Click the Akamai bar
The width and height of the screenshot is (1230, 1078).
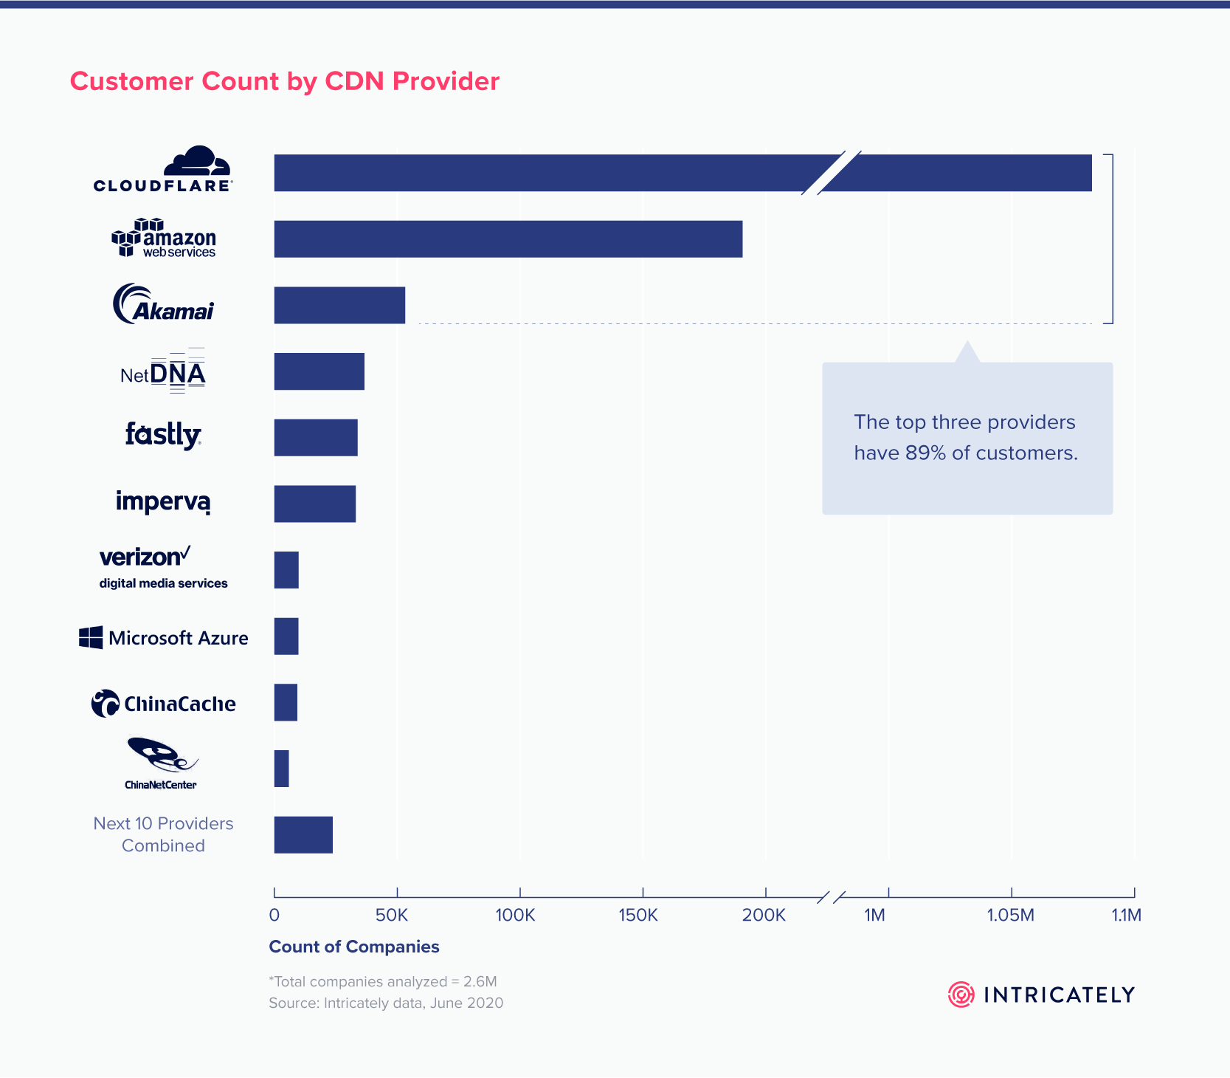pos(339,305)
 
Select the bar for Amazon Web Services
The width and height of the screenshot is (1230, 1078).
pos(508,239)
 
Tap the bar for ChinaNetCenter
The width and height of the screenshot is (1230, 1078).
pos(281,769)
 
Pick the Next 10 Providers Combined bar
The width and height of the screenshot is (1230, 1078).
pos(303,835)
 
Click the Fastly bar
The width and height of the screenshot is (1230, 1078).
pos(316,438)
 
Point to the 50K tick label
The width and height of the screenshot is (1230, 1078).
pos(391,916)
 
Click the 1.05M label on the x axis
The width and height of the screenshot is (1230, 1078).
pos(1010,916)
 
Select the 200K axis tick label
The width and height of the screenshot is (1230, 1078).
pos(764,916)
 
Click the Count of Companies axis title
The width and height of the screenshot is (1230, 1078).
pos(354,947)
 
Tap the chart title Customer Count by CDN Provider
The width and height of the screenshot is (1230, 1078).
pos(285,81)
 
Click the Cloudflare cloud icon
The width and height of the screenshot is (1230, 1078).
pos(197,162)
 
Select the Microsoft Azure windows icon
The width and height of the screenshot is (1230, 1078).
pos(91,637)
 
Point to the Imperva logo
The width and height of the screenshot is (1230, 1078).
pos(163,502)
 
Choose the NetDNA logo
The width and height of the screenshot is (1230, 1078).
pos(163,373)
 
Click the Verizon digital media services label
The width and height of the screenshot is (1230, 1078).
pos(163,583)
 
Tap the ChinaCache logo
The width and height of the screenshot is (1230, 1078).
pos(163,704)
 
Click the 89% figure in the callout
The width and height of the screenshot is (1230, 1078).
pos(925,453)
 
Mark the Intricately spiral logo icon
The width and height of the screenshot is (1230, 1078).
pos(961,995)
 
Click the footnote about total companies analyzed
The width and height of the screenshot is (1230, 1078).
pos(383,981)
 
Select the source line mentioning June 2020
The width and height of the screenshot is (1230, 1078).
pos(386,1003)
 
